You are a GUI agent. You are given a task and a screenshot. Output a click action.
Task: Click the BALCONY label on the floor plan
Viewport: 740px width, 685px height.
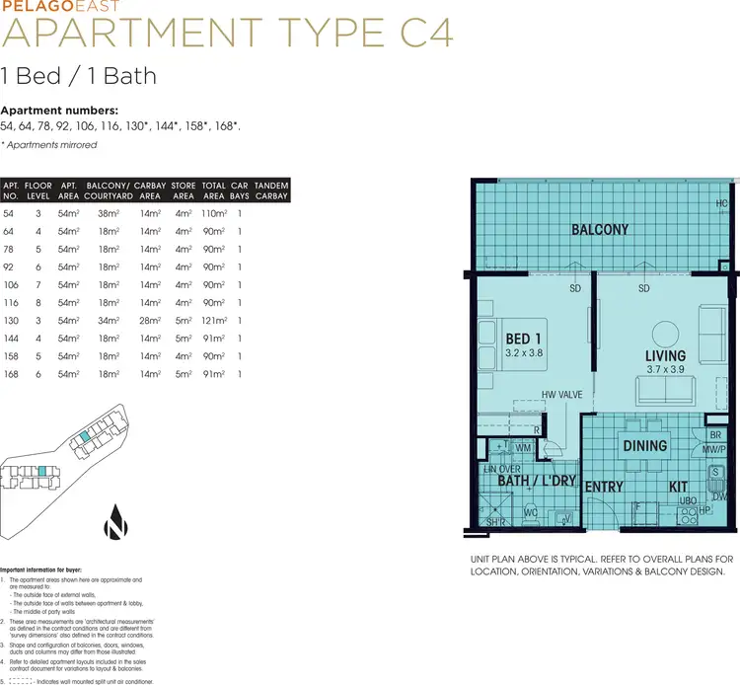(600, 230)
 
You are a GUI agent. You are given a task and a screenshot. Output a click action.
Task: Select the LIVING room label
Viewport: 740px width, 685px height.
(665, 355)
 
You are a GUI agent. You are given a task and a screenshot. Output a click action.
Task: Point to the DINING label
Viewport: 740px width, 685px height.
(643, 445)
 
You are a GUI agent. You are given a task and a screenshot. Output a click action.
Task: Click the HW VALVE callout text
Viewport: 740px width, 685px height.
(561, 395)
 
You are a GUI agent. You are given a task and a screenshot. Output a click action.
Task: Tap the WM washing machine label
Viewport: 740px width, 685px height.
(523, 447)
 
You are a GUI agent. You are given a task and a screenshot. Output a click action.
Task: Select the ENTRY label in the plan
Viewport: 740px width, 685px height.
(603, 488)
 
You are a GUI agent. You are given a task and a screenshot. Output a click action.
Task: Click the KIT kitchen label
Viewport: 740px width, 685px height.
(678, 488)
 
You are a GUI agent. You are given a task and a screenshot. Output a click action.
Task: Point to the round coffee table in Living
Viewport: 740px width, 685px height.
(665, 330)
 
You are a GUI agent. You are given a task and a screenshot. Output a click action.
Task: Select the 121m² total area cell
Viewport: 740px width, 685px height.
(213, 321)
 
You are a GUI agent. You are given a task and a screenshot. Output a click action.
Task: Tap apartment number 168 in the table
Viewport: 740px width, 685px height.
(11, 374)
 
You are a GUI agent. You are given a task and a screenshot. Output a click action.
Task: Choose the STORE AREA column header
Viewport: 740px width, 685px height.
(183, 190)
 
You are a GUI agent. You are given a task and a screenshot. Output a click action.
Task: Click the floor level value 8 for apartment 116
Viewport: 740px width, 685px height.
(37, 303)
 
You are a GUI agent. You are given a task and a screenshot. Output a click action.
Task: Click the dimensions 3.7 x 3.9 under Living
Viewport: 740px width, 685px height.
(665, 370)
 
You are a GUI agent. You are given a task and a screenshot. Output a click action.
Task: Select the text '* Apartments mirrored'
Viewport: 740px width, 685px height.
(49, 145)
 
